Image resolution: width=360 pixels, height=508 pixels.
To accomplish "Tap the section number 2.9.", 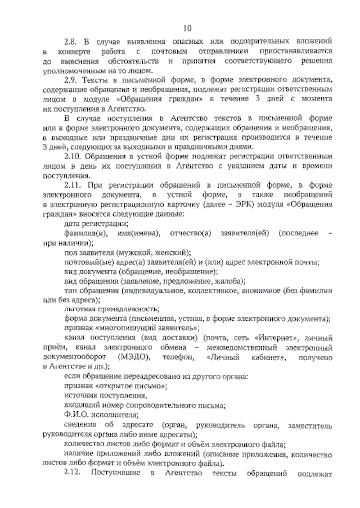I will pyautogui.click(x=71, y=80).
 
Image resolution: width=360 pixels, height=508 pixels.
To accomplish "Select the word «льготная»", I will pyautogui.click(x=80, y=310).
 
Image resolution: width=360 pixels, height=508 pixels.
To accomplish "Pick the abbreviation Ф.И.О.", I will pyautogui.click(x=76, y=415).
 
